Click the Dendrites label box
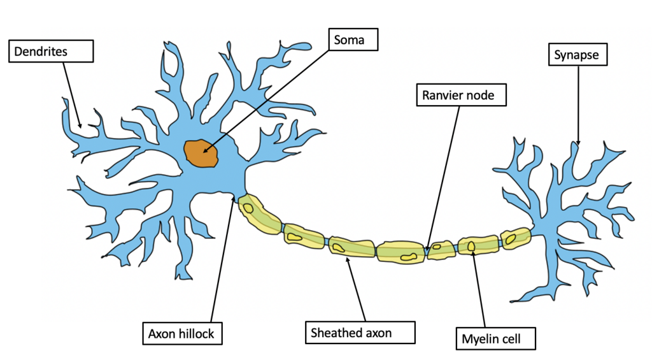[x=51, y=51]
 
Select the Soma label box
[x=353, y=40]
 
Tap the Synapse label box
[x=578, y=54]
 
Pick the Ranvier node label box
[x=462, y=95]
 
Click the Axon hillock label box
[x=183, y=333]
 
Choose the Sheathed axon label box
[x=360, y=332]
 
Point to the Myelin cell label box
[x=496, y=338]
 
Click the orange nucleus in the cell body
[x=201, y=153]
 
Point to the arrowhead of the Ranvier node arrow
[x=427, y=249]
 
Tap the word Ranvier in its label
[x=439, y=96]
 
